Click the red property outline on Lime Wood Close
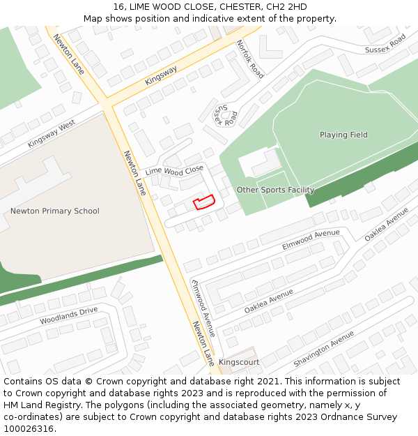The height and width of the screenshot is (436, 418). tap(203, 202)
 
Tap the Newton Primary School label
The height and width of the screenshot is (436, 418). tap(55, 211)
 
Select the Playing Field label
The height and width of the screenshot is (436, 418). tap(343, 135)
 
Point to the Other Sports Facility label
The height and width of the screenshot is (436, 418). tap(275, 190)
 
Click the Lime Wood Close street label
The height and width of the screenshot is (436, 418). tap(174, 170)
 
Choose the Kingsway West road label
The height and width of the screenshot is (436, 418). tap(52, 133)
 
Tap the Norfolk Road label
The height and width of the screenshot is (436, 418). tap(250, 59)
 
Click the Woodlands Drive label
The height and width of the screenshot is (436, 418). tap(69, 316)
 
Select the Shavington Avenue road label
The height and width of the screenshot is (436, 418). tap(323, 349)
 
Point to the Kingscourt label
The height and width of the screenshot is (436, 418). tap(239, 363)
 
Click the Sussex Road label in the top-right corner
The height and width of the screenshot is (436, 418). tap(385, 44)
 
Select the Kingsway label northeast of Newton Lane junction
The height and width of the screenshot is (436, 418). tap(161, 75)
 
